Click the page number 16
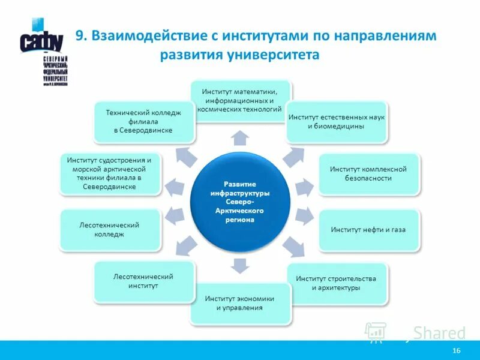[457, 350]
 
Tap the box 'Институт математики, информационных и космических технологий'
[239, 101]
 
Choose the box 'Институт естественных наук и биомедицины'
[335, 122]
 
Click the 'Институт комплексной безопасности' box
[368, 174]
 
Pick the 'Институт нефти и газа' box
[368, 230]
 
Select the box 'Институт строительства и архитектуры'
[336, 283]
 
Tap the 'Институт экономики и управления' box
[240, 303]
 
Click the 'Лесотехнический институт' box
[143, 281]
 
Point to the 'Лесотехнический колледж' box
[110, 230]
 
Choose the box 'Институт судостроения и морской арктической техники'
[110, 174]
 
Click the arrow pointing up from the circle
[240, 137]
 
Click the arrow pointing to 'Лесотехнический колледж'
[175, 215]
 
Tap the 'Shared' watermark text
[439, 333]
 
